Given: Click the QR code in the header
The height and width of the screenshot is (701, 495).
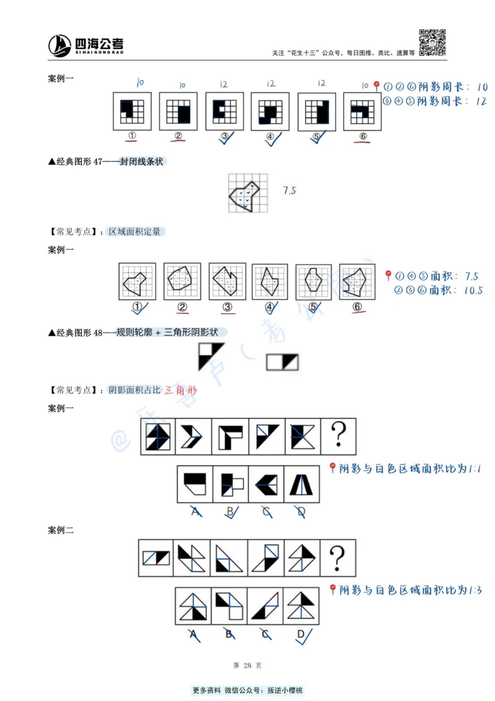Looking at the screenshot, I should coord(433,43).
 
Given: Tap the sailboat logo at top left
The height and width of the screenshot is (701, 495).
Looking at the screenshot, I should coord(60,45).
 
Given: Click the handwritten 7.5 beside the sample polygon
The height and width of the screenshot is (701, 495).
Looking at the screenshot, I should coord(290,191).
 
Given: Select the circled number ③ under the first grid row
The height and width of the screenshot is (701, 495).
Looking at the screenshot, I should coord(224,136).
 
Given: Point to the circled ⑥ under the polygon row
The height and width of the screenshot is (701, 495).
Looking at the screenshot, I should coord(357,306).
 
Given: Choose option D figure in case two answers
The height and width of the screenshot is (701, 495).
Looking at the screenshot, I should coord(301,606).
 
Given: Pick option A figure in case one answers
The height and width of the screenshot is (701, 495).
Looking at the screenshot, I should coord(195,484).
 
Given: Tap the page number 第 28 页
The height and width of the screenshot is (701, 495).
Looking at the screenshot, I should coord(247,665).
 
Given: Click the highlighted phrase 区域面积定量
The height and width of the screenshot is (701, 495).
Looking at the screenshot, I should coord(134,232).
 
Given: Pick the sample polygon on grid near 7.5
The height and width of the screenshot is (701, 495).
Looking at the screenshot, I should coord(247,193).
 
